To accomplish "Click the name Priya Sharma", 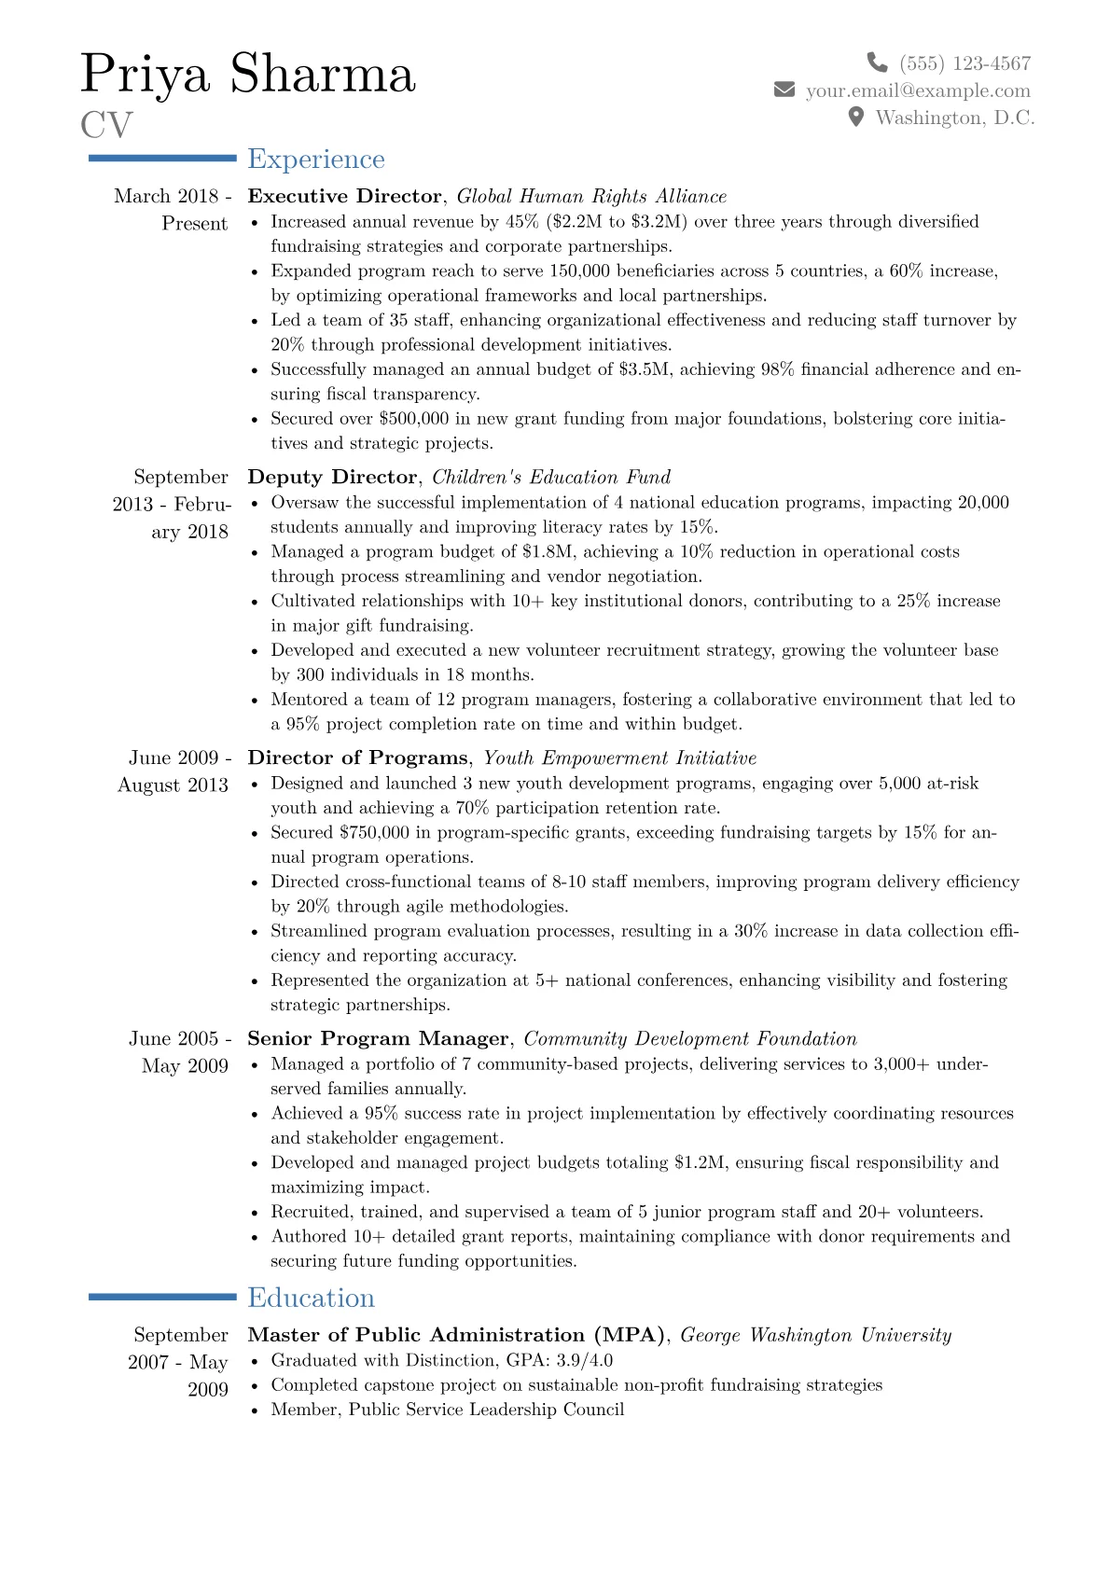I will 247,74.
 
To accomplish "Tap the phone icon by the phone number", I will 877,63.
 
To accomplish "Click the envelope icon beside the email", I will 784,90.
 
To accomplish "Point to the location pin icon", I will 855,117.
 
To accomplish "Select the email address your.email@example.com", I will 918,90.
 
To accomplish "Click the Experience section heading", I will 316,160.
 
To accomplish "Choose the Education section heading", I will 311,1298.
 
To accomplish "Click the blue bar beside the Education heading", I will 162,1297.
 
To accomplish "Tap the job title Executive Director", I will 344,196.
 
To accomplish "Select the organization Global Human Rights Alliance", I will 591,196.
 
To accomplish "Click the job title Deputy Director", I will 332,477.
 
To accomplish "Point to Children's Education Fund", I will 551,477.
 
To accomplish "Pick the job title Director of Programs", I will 357,757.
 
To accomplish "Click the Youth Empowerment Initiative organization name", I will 619,757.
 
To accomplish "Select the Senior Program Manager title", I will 378,1038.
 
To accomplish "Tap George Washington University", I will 816,1335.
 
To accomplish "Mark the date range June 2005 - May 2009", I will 179,1052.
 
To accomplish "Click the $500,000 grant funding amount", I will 414,419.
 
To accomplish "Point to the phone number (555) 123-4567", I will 964,63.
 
